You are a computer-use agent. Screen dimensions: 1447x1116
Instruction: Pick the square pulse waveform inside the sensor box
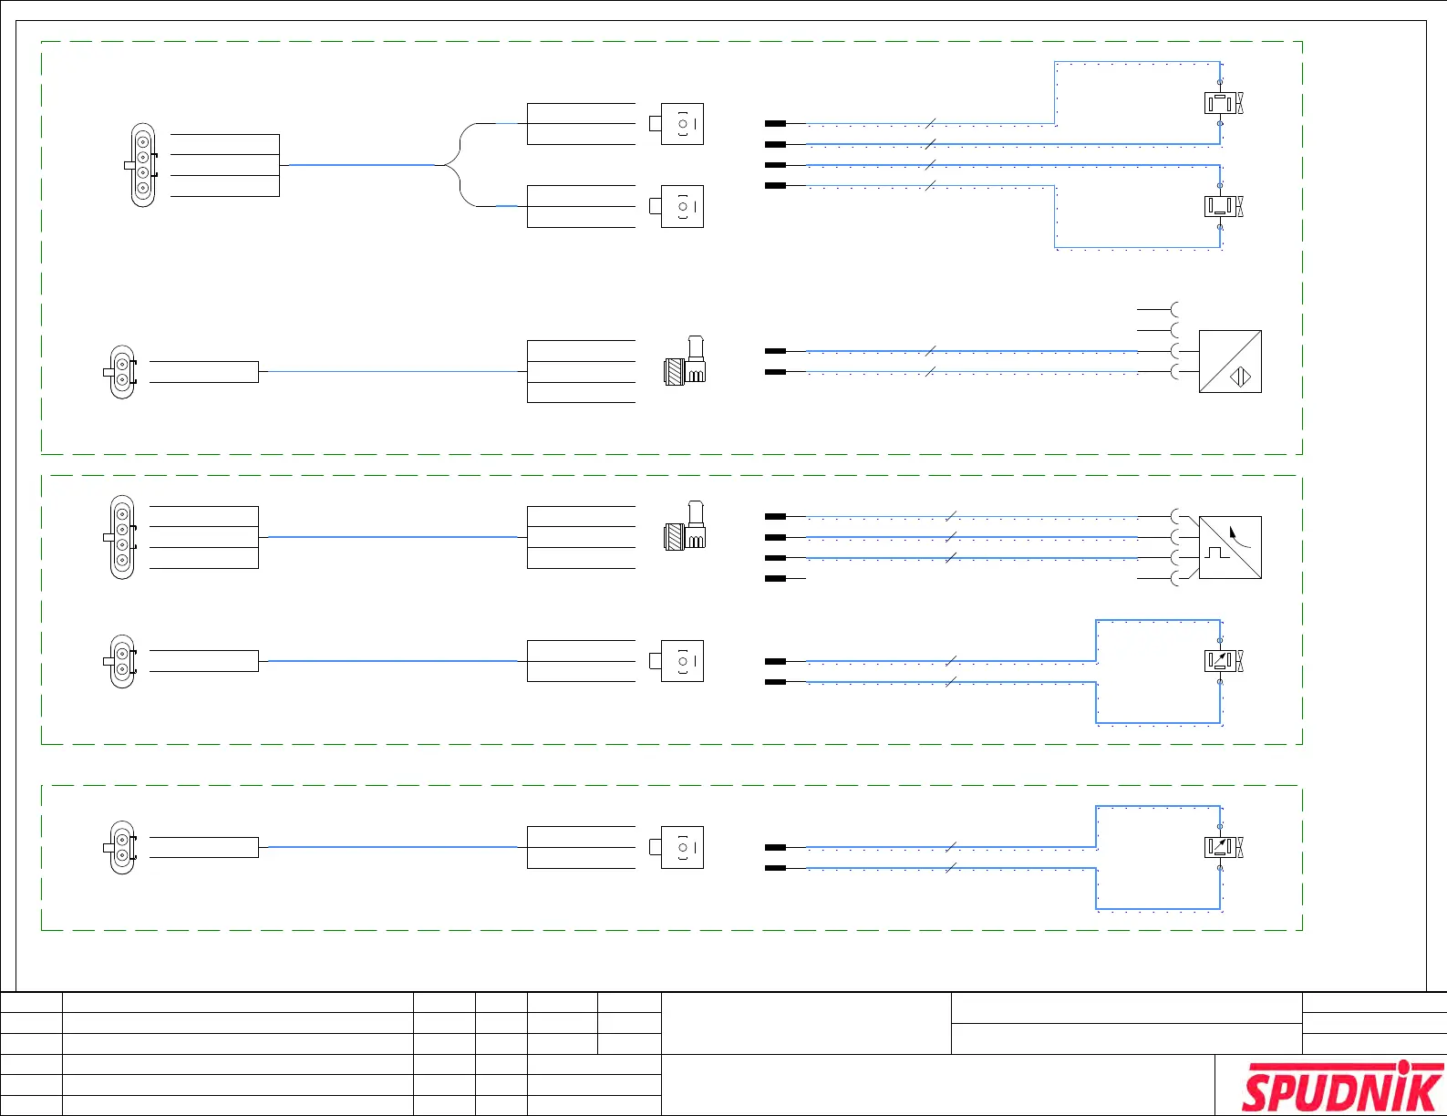(1217, 552)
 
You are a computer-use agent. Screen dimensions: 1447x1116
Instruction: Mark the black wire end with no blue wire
(775, 579)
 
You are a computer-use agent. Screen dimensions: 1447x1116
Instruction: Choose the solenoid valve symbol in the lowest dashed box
(1223, 847)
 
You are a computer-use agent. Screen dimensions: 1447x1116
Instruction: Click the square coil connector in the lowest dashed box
(679, 847)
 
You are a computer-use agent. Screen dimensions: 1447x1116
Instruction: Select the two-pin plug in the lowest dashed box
(121, 848)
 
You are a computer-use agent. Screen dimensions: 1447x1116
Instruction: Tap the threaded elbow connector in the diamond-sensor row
(685, 362)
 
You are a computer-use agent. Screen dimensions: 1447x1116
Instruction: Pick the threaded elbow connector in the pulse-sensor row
(685, 527)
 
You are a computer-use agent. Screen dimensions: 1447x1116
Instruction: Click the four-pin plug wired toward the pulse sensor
(121, 537)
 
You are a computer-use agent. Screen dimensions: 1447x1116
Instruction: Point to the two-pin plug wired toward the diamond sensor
(121, 372)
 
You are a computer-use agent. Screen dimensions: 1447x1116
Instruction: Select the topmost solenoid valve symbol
(1223, 103)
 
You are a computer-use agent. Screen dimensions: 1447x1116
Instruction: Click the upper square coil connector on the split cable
(679, 124)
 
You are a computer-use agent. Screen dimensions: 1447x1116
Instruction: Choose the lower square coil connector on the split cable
(679, 207)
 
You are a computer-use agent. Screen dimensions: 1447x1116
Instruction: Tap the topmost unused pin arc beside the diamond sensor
(1175, 310)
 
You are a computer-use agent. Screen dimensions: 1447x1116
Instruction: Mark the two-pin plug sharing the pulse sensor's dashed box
(121, 661)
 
